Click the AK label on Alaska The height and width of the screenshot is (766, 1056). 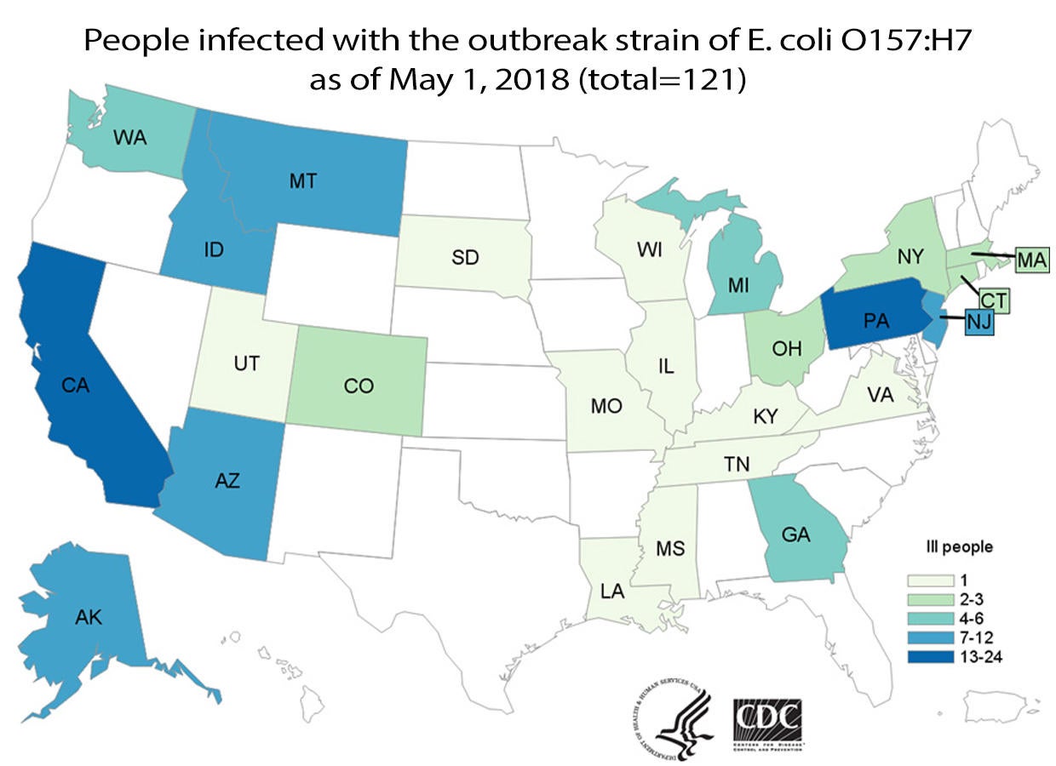coord(88,619)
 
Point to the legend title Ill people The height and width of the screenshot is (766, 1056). coord(960,547)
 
